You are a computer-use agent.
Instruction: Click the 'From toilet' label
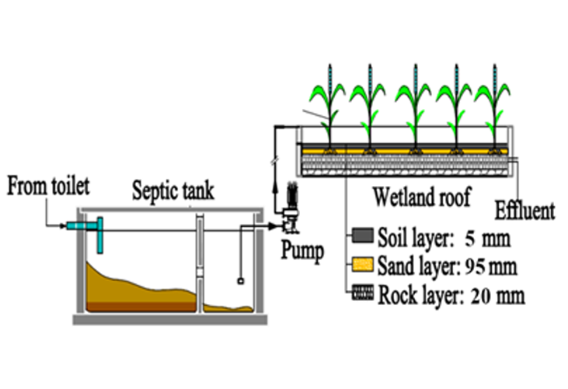47,186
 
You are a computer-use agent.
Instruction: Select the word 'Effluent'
526,210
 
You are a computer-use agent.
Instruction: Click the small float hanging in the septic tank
242,282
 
